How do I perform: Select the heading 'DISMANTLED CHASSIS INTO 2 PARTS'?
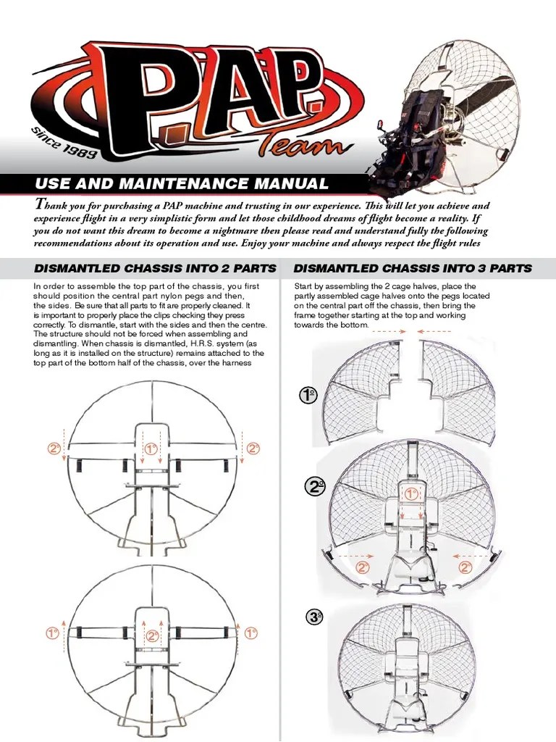click(x=155, y=267)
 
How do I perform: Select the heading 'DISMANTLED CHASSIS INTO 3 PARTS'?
click(x=413, y=267)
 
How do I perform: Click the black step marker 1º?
click(x=308, y=396)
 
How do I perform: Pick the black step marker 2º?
click(x=315, y=487)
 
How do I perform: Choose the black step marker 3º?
click(x=314, y=617)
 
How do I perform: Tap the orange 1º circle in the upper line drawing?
click(x=151, y=449)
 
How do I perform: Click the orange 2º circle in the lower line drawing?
click(x=152, y=635)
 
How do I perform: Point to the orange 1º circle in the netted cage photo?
click(x=411, y=493)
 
